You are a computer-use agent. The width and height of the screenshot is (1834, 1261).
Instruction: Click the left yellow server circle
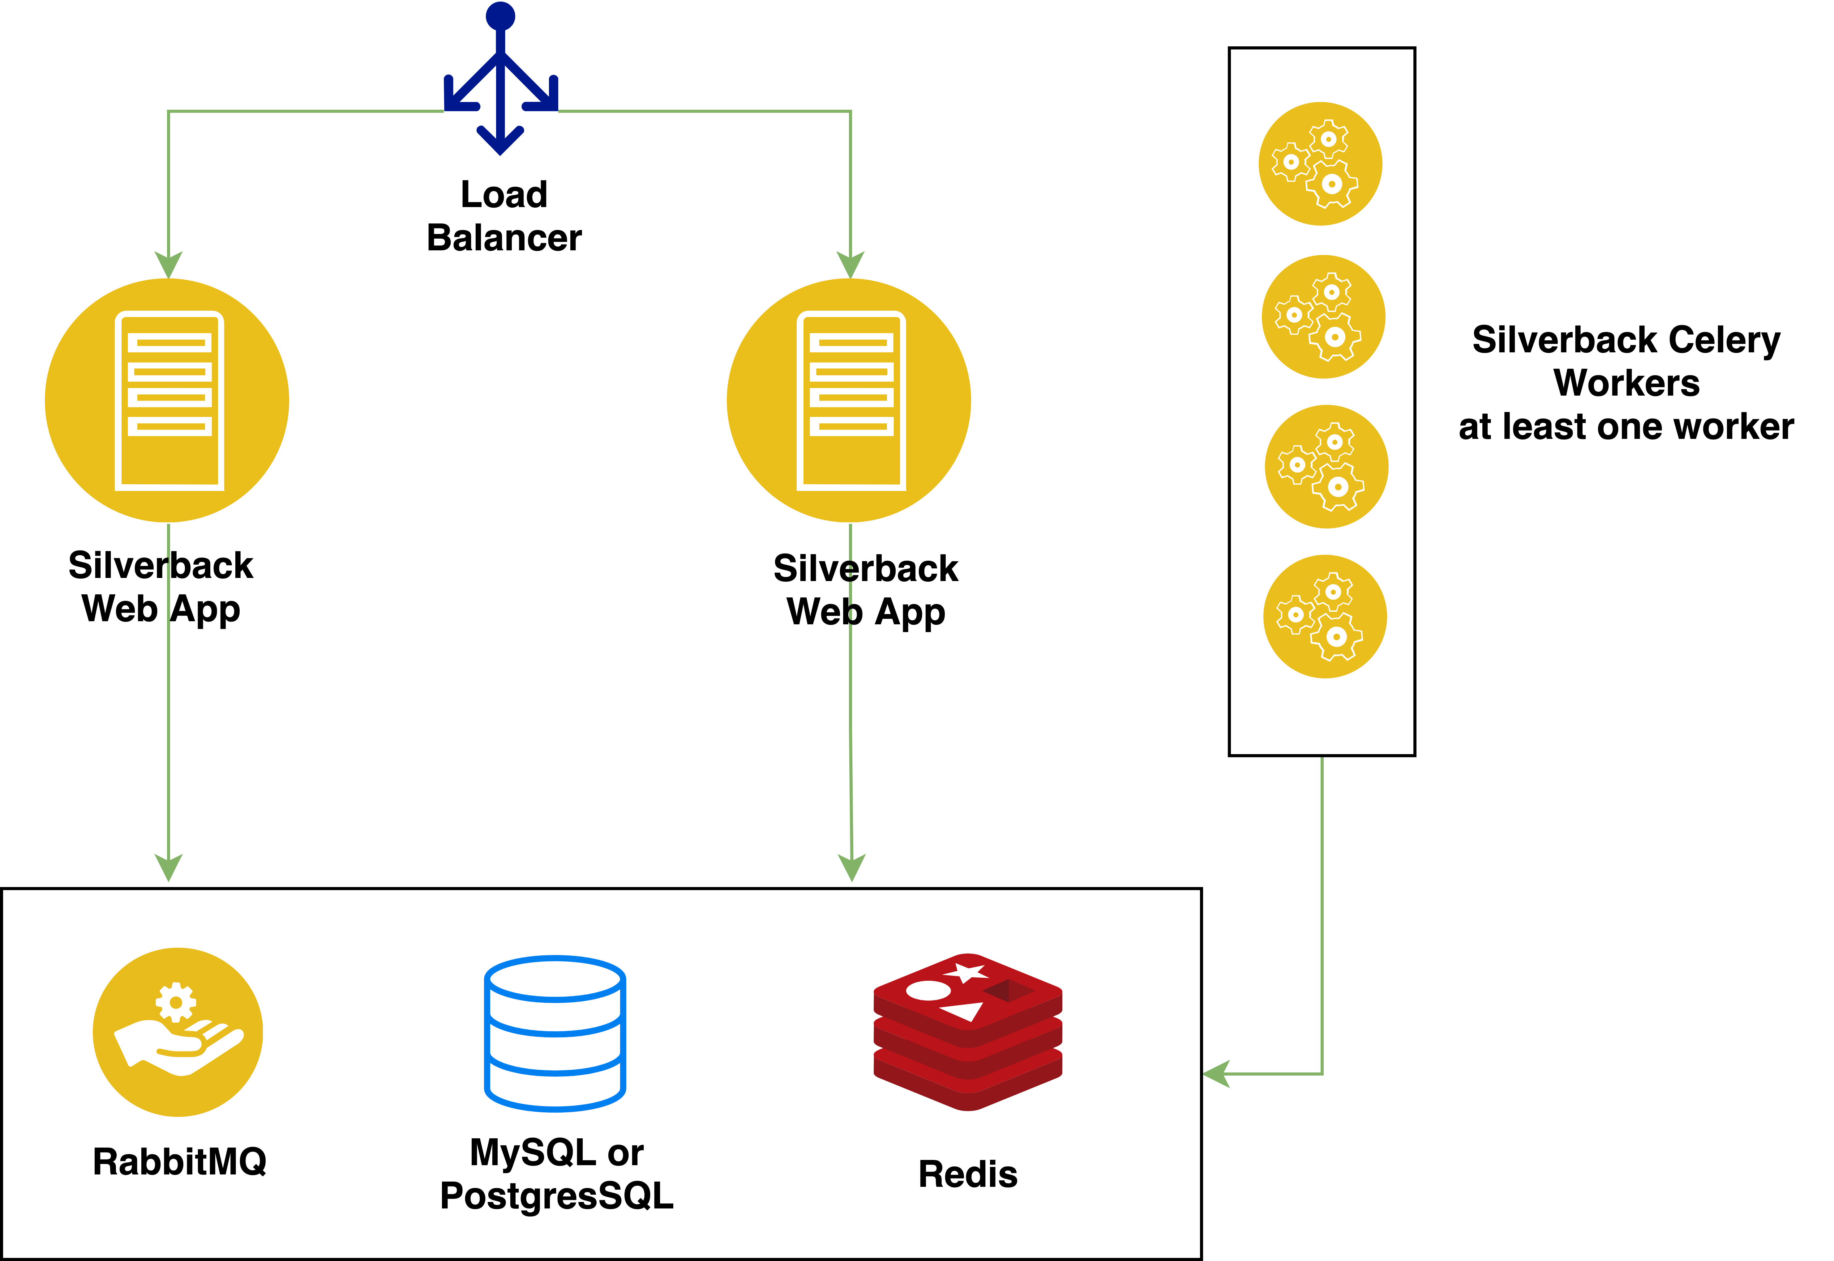(x=167, y=401)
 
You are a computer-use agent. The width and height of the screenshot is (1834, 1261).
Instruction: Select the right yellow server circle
(x=849, y=401)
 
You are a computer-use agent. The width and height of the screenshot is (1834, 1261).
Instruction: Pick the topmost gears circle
(x=1320, y=163)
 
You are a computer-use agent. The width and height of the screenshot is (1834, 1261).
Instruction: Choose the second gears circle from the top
(x=1323, y=317)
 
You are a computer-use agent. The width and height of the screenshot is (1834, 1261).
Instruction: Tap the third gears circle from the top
(x=1326, y=466)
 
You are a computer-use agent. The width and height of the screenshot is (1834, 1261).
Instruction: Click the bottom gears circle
(x=1325, y=616)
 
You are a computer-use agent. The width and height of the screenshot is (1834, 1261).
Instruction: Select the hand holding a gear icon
(x=178, y=1032)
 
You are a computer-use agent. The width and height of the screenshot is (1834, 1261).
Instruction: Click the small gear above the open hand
(x=175, y=1002)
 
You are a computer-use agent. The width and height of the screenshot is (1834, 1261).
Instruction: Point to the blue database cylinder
(x=555, y=1034)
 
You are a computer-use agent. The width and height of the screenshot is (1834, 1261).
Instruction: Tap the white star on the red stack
(x=966, y=973)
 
